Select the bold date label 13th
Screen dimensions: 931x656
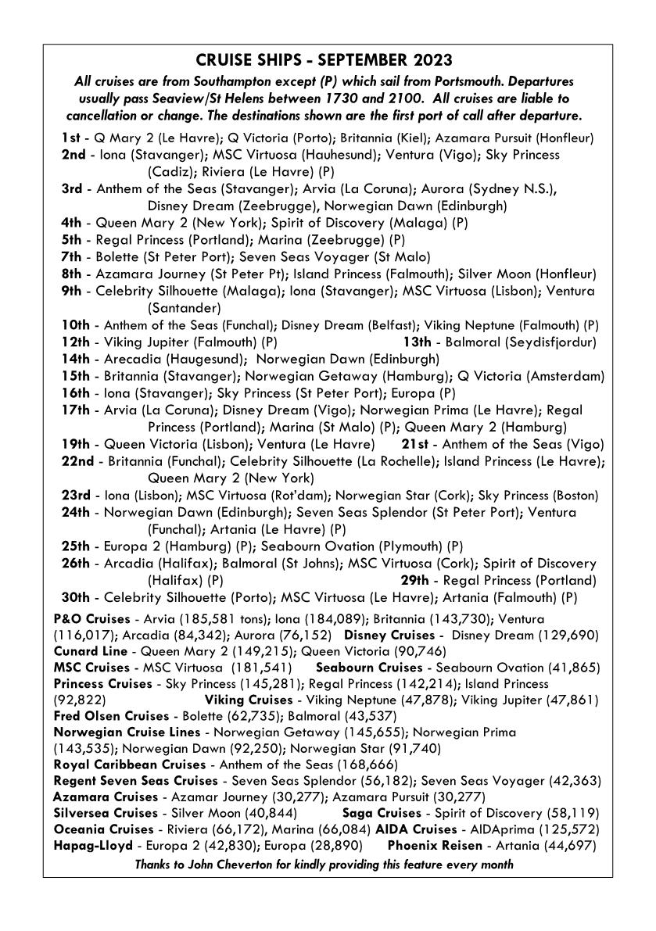[x=417, y=342]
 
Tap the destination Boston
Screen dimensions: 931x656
[x=576, y=495]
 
